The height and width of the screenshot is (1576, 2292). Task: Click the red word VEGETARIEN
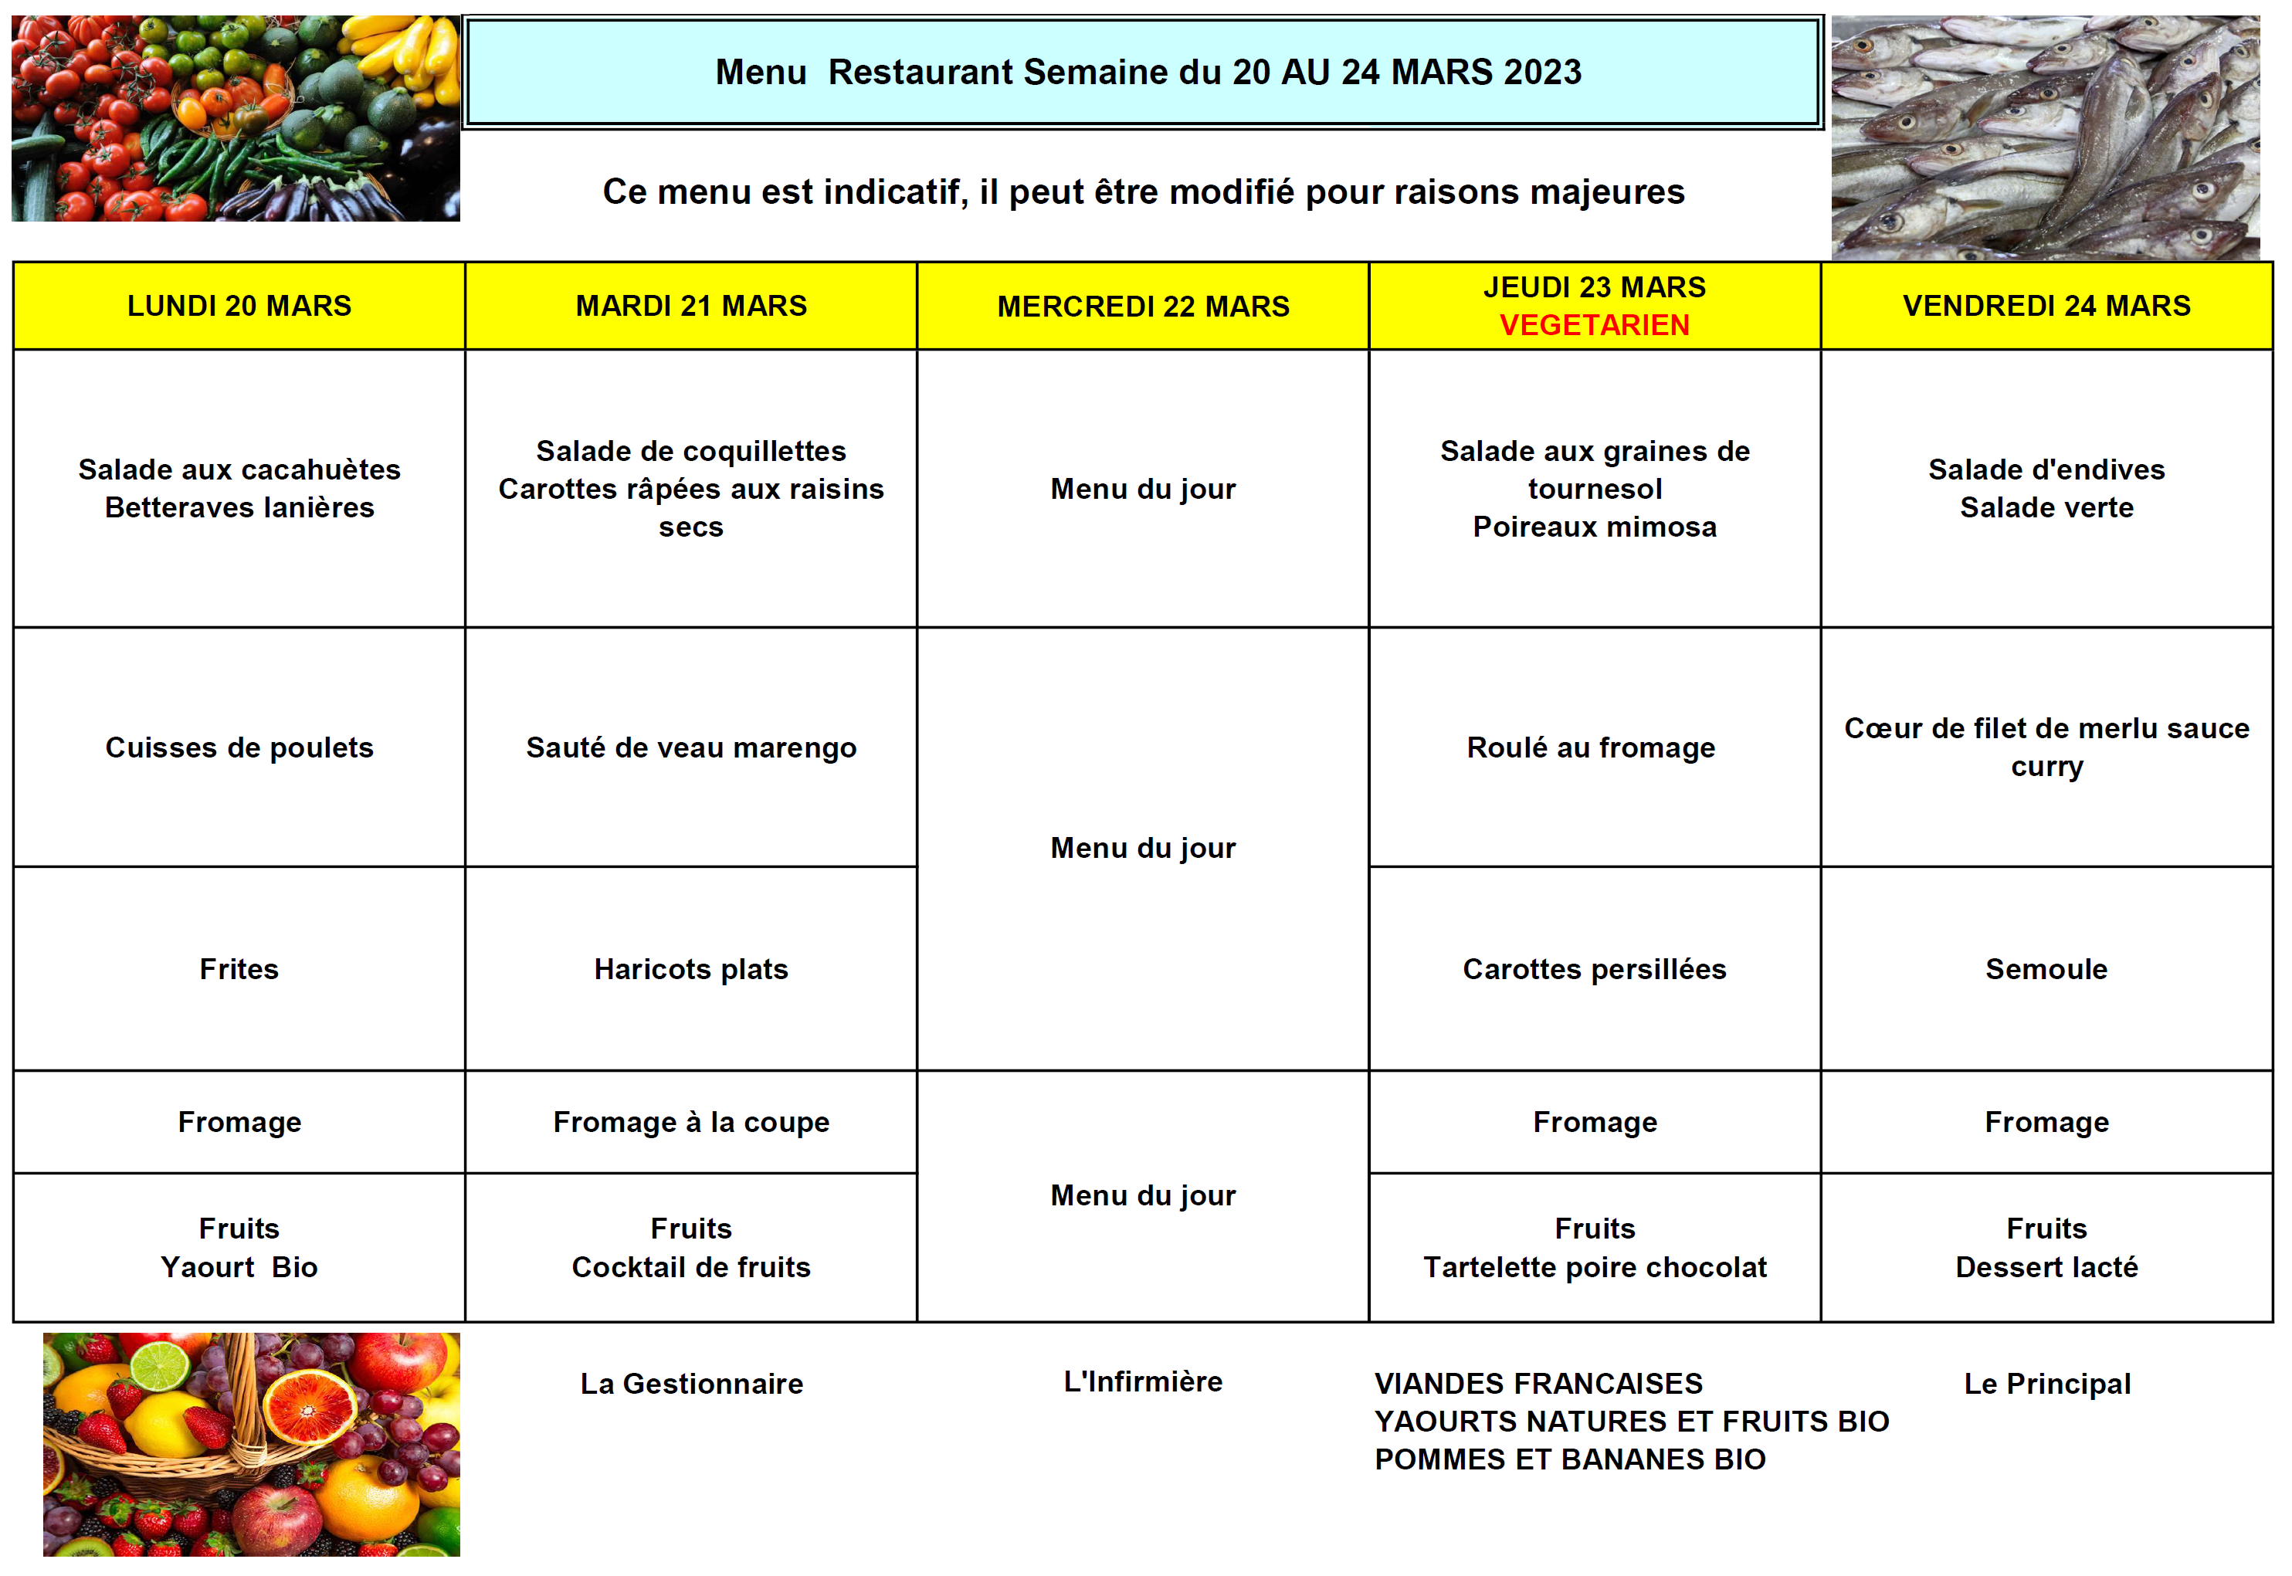[1594, 325]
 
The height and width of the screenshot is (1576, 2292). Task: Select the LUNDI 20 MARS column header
[239, 306]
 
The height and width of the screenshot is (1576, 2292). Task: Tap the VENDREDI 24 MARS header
[2046, 306]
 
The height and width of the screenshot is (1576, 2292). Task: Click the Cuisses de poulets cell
[239, 747]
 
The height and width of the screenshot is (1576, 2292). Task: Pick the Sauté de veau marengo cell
[691, 747]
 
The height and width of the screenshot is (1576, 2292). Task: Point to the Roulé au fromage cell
[1591, 747]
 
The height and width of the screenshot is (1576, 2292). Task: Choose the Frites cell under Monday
[239, 969]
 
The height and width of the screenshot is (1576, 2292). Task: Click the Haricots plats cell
[691, 969]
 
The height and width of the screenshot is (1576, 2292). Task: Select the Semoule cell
[2046, 969]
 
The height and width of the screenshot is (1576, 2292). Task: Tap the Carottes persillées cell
[1594, 969]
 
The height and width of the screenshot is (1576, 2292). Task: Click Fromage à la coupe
[691, 1122]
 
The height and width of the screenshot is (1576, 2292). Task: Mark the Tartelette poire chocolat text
[1594, 1267]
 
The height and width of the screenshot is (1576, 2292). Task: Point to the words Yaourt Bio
[239, 1267]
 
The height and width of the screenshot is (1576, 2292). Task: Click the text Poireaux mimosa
[1594, 527]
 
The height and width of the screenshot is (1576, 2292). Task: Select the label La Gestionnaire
[691, 1384]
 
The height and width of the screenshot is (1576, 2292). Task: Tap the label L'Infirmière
[1143, 1381]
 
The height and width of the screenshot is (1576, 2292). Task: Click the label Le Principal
[2046, 1384]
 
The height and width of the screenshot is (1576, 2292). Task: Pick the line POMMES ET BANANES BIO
[1569, 1459]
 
